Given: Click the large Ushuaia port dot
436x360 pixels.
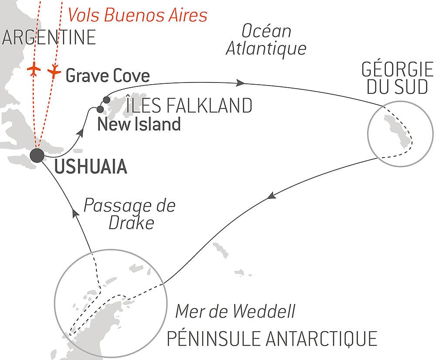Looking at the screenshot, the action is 37,155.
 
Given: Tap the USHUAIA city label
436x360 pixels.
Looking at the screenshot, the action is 91,167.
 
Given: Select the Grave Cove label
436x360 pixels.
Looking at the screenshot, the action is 107,76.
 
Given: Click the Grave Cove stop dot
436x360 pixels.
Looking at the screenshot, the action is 106,100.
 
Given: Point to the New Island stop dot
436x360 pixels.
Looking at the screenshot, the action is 100,109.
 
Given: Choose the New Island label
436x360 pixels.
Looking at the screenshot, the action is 139,125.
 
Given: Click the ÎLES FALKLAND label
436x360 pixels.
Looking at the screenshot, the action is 189,106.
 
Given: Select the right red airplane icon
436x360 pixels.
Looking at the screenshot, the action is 54,71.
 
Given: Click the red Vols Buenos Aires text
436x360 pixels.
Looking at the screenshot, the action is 137,15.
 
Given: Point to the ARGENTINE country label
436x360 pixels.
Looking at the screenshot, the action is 48,38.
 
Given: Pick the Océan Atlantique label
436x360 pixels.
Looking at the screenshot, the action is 266,40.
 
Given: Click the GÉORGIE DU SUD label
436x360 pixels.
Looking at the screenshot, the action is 397,79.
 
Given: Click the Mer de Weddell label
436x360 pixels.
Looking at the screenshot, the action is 235,312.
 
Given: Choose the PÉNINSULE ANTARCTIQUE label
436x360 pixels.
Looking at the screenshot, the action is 272,338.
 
